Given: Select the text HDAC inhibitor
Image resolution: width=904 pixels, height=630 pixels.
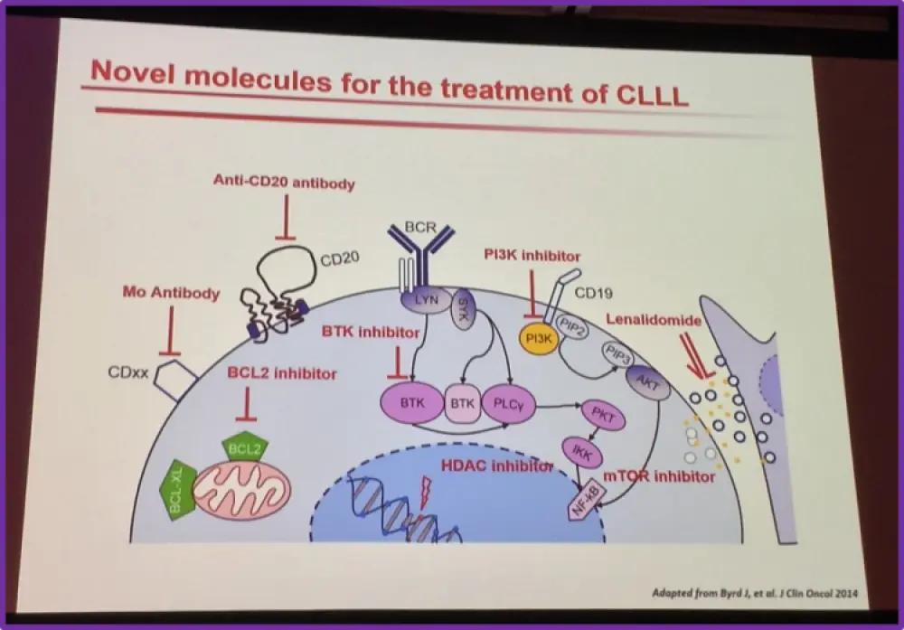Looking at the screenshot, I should pyautogui.click(x=496, y=465).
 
